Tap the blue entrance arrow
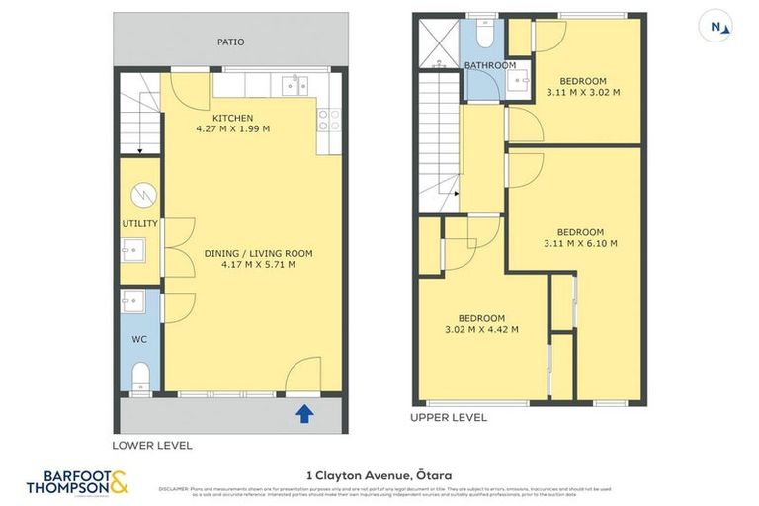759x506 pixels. [x=305, y=414]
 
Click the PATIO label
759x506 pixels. [x=230, y=42]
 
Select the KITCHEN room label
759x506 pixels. [x=232, y=118]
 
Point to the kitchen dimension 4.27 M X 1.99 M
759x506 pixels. [x=233, y=129]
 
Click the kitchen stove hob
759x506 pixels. [x=329, y=120]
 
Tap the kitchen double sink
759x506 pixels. [x=294, y=85]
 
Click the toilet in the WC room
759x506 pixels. [x=140, y=374]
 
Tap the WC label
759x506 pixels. [x=139, y=338]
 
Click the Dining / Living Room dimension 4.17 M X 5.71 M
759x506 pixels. [x=257, y=265]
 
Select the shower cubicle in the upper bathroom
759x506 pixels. [x=437, y=42]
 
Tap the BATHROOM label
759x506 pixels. [x=490, y=65]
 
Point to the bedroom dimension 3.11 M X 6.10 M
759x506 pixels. [x=580, y=243]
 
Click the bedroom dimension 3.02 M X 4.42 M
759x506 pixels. [x=481, y=329]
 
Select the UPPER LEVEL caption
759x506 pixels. [x=449, y=417]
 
